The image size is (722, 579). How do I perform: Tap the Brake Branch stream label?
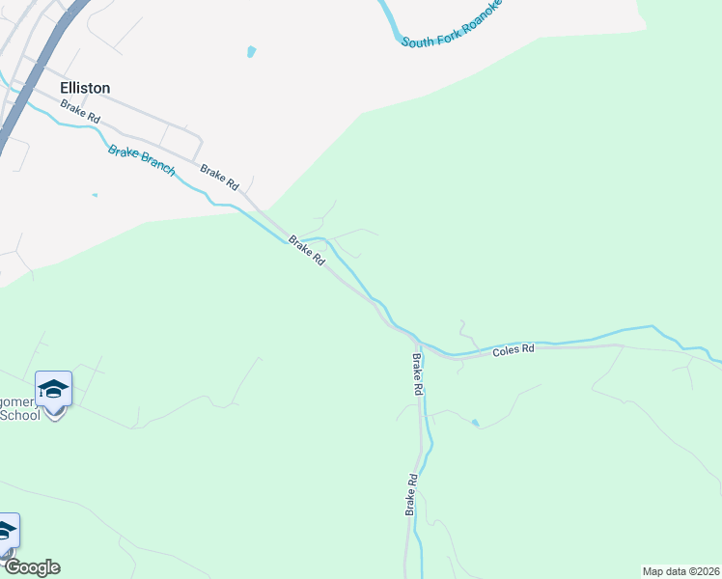click(141, 160)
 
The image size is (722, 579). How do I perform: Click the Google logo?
click(32, 567)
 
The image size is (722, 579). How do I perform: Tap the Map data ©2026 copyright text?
click(680, 571)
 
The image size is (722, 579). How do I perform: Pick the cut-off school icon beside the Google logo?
click(6, 531)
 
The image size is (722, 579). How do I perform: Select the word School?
click(19, 415)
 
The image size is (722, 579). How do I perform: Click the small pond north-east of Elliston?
click(252, 50)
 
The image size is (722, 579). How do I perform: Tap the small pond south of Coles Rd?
click(474, 422)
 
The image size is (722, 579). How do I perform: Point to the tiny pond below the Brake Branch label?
click(95, 196)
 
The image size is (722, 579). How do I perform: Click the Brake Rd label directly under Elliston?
click(80, 111)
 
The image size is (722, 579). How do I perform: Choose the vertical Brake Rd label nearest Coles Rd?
click(418, 377)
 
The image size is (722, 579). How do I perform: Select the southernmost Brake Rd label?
click(411, 494)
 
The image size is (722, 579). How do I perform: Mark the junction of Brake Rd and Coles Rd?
click(417, 342)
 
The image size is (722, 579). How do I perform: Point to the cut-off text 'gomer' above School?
click(19, 399)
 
